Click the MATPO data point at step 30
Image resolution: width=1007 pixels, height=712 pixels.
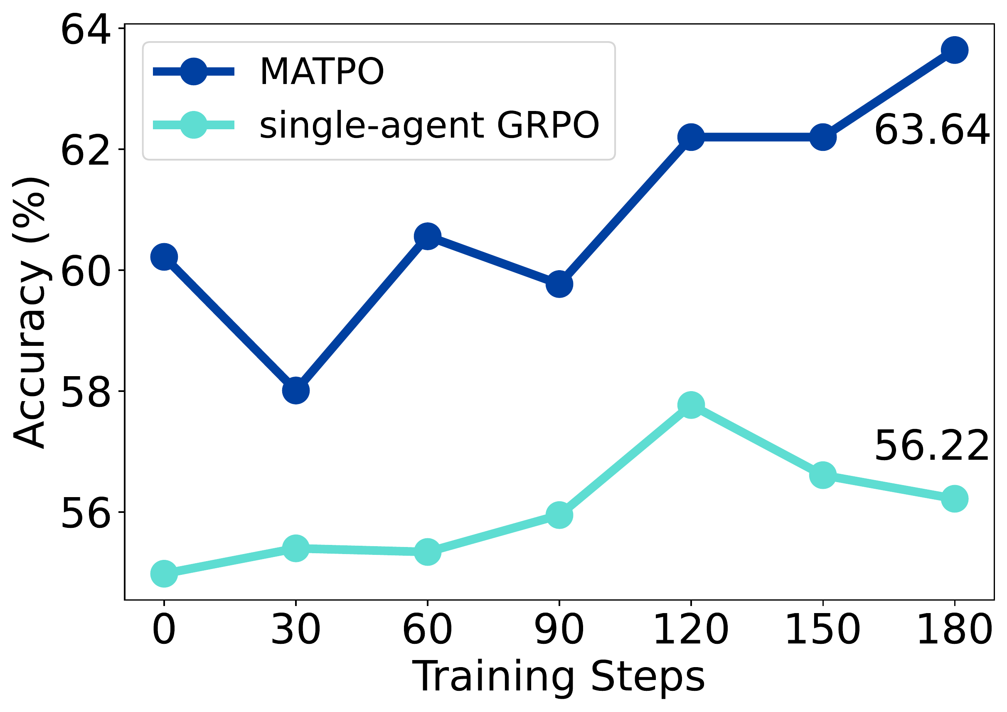pos(295,390)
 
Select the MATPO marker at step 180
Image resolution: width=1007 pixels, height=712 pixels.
pos(954,50)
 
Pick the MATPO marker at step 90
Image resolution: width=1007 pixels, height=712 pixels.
pos(559,284)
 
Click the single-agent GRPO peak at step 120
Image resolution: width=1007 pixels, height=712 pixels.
pos(691,404)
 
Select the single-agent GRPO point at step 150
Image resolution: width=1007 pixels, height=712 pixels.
pos(823,475)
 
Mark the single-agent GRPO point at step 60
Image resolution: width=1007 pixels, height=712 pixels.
pos(428,552)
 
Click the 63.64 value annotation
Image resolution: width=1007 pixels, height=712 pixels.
pos(931,130)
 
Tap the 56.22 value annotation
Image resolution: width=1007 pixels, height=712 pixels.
pos(931,446)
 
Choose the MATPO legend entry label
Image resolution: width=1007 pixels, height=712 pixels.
pos(322,71)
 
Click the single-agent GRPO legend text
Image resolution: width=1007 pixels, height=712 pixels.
pos(429,125)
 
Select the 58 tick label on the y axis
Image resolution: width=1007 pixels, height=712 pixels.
pos(85,391)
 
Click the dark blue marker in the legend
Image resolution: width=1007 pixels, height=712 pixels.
pos(193,71)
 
